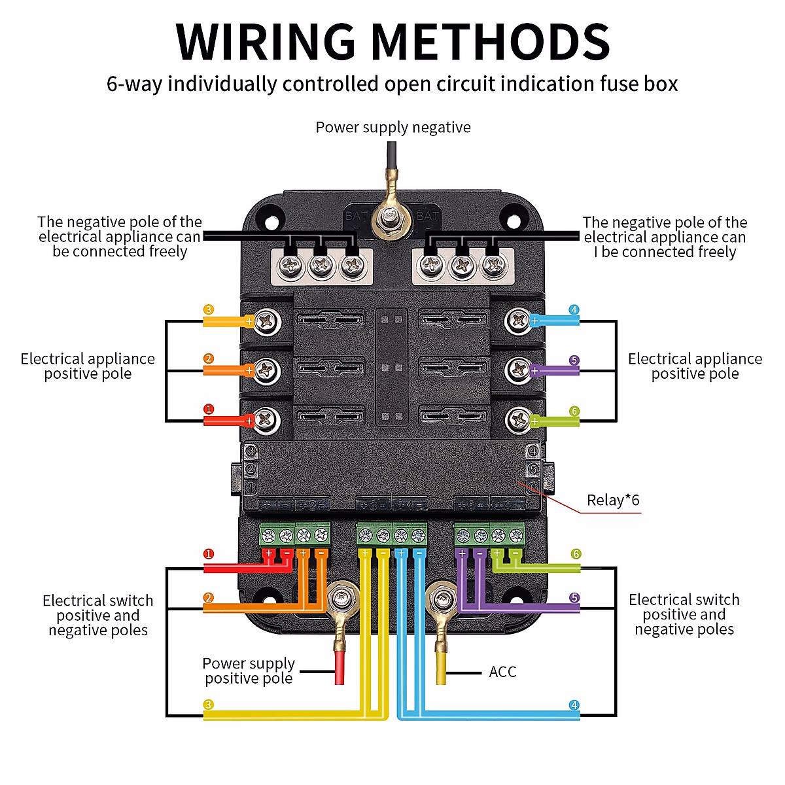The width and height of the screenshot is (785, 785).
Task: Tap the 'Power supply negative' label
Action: coord(393,127)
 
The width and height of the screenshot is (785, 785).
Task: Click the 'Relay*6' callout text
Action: coord(613,500)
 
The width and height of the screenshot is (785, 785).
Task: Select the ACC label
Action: coord(502,672)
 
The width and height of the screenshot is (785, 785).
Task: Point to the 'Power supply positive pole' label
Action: coord(249,671)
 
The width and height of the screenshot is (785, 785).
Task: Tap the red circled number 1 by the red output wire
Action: coord(209,410)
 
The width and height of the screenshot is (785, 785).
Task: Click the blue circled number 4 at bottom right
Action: coord(574,705)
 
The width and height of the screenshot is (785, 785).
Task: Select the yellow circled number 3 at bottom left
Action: coord(209,705)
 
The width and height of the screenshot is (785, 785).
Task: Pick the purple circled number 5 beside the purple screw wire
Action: coord(574,360)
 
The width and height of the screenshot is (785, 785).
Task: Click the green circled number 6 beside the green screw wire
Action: coord(574,411)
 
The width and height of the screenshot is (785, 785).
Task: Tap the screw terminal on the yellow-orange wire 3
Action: coord(266,321)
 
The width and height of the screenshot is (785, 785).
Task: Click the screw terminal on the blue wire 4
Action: coord(519,321)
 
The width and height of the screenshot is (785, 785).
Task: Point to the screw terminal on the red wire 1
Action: coord(266,420)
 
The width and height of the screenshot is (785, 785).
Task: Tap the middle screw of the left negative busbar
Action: coord(321,266)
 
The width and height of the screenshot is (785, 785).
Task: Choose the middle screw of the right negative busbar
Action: coord(462,266)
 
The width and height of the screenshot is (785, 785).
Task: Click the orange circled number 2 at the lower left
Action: coord(209,598)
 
